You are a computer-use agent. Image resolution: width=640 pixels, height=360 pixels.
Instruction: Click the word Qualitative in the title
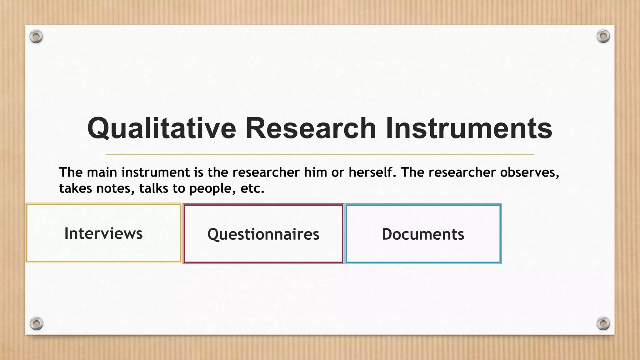[x=162, y=128]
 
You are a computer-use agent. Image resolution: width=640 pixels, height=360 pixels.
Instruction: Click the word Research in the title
[x=311, y=128]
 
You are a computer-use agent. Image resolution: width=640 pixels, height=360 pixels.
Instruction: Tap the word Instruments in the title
[x=469, y=128]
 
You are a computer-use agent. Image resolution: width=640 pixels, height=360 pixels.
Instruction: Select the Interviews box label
[x=103, y=233]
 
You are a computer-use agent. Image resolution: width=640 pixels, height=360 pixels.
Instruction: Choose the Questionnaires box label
[x=263, y=234]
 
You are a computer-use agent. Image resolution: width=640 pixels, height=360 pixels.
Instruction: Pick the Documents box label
[x=423, y=234]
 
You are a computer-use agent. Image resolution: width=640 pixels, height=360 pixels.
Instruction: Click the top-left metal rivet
[x=36, y=37]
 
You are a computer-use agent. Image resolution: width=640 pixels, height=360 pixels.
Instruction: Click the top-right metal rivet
[x=603, y=37]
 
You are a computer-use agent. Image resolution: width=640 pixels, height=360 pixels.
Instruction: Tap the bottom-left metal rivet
[x=36, y=323]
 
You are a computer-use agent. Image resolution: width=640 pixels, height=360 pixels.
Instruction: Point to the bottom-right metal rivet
[x=603, y=323]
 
